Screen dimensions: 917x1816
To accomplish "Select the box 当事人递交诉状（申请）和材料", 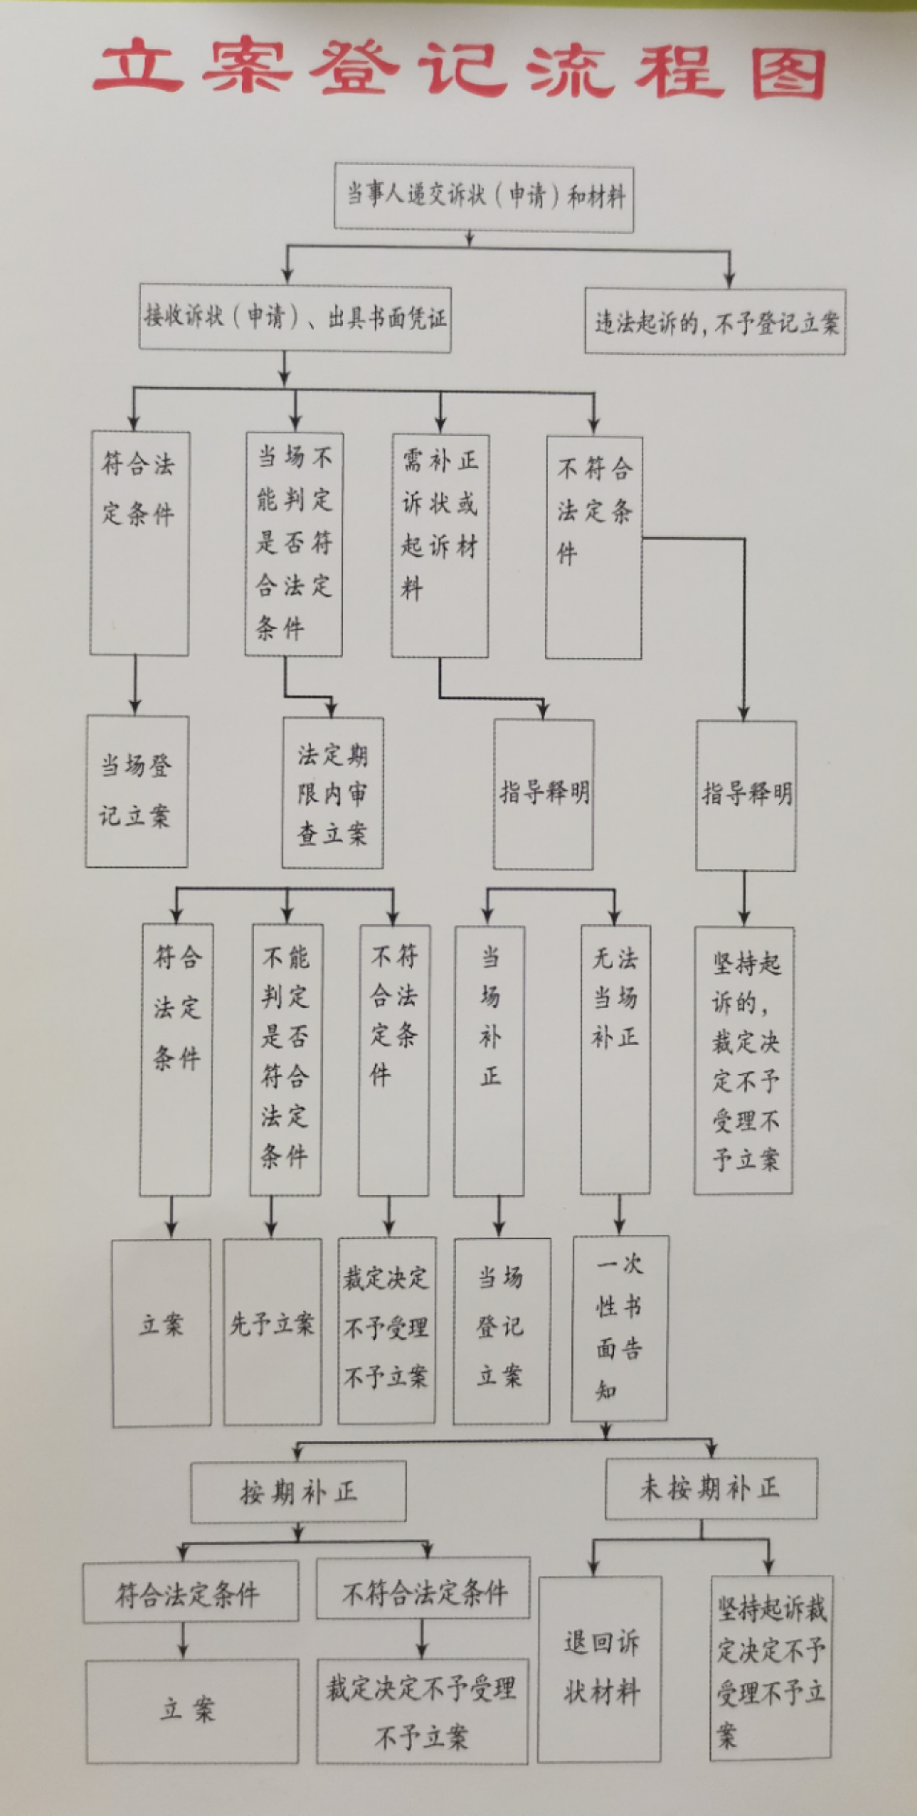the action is pos(484,197).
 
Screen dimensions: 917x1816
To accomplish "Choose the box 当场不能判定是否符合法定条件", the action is pos(294,544).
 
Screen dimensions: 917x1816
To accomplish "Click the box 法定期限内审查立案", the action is pos(333,793).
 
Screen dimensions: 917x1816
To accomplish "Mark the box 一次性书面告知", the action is pos(620,1328).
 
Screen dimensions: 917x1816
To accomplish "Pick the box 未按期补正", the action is pos(711,1488).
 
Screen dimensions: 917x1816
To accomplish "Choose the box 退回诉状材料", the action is pos(600,1669).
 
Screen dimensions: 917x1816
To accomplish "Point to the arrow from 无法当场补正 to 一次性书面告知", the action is pos(620,1215).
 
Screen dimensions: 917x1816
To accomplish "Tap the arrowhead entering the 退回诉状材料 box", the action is pos(594,1568).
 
